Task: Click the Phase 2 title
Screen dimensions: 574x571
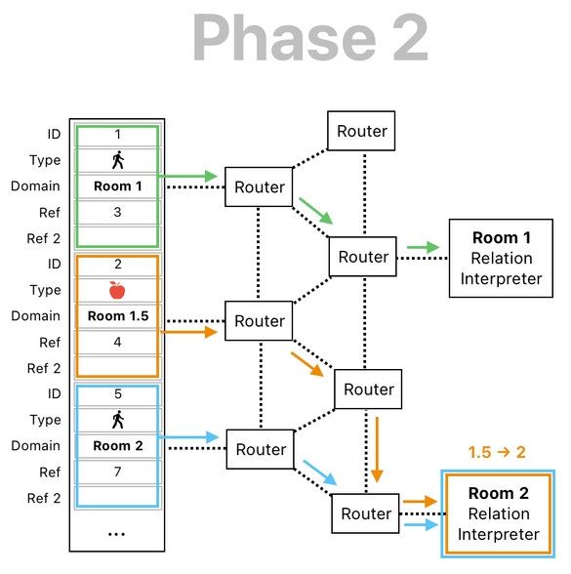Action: coord(310,39)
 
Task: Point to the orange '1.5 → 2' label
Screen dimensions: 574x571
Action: coord(497,452)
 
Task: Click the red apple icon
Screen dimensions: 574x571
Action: coord(117,290)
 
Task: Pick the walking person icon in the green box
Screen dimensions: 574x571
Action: coord(117,160)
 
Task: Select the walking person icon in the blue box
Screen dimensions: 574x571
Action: coord(117,420)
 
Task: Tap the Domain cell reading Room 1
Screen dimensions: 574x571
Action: coord(117,185)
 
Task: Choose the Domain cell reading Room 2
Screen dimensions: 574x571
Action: coord(117,445)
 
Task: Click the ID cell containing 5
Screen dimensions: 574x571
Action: coord(117,394)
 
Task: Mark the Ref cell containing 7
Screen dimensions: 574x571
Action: coord(117,471)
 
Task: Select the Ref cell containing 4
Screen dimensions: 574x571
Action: coord(117,342)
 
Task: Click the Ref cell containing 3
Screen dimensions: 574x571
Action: coord(117,212)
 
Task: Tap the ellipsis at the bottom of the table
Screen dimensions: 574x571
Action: coord(117,534)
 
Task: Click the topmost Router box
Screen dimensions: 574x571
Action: coord(362,131)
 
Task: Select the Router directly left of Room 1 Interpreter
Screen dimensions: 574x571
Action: coord(363,257)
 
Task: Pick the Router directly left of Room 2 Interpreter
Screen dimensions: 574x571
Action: coord(366,513)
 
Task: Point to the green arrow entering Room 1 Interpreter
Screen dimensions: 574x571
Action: coord(422,247)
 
